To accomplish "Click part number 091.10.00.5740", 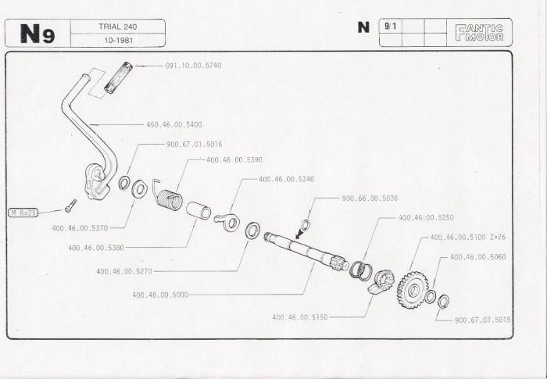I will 193,65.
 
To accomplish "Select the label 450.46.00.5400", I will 173,123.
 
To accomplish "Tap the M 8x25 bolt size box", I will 23,212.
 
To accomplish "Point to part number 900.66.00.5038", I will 370,198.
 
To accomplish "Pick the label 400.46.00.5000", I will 160,295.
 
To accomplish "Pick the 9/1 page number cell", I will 388,26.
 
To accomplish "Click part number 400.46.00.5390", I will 234,159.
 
